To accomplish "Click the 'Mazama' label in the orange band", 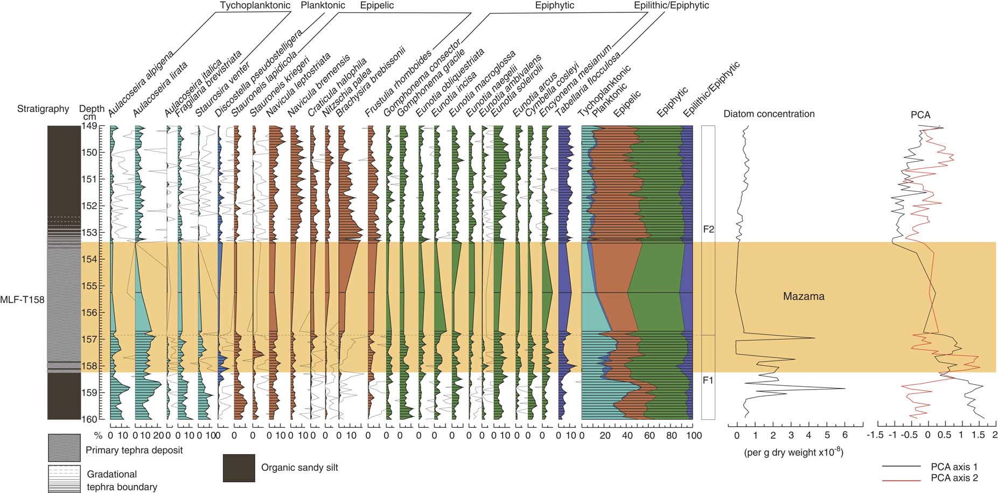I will (804, 296).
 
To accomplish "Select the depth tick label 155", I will (89, 286).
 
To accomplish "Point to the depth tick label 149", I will (89, 126).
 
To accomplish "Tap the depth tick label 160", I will (89, 419).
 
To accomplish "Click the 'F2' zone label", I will (708, 229).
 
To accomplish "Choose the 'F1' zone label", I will (708, 380).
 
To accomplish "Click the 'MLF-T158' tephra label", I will (23, 300).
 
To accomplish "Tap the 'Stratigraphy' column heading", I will (43, 109).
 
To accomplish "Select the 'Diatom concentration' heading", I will (769, 114).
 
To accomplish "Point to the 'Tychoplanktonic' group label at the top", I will (255, 5).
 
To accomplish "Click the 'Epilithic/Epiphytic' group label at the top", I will (671, 5).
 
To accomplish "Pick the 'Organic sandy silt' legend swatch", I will (239, 468).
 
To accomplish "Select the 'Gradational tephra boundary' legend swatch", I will (64, 478).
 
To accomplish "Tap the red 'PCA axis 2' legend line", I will (901, 478).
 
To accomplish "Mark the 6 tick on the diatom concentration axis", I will (845, 436).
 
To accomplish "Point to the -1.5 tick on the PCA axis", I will (876, 435).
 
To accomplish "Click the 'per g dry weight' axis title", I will (793, 453).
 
